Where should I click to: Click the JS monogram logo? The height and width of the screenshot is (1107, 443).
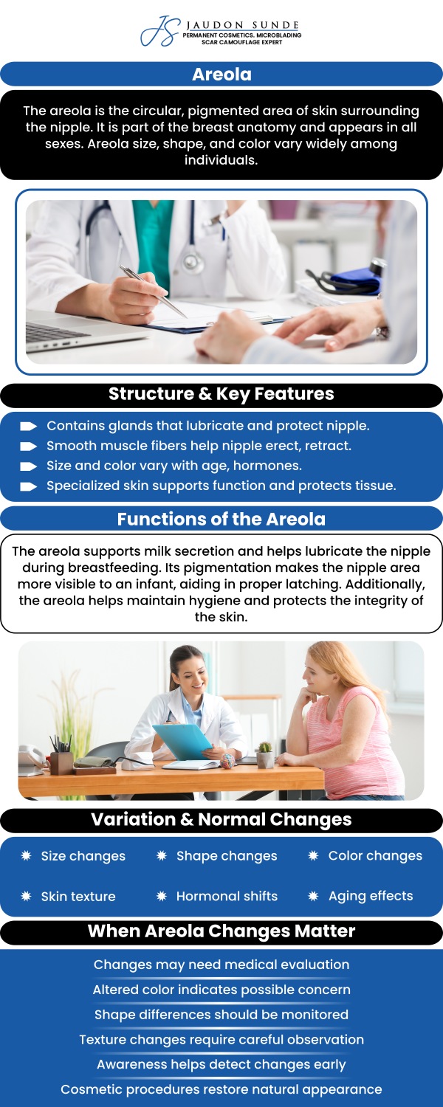coord(159,31)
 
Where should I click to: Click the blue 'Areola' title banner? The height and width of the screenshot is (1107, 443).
coord(221,74)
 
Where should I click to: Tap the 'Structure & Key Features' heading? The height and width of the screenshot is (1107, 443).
coord(221,394)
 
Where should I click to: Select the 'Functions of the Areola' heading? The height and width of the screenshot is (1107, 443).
coord(221,519)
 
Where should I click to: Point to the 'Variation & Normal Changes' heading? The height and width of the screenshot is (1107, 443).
coord(221,819)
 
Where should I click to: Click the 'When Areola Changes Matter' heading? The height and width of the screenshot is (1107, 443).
coord(221,931)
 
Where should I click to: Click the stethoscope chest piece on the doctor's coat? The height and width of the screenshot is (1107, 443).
coord(193,261)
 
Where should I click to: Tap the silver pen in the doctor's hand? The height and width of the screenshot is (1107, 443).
coord(153,292)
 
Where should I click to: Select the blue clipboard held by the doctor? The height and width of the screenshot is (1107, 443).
coord(183,741)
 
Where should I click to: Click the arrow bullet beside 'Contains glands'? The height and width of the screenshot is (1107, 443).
coord(29,426)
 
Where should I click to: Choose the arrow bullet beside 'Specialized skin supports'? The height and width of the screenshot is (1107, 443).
coord(29,486)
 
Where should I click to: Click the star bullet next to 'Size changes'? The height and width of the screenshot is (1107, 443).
coord(26,855)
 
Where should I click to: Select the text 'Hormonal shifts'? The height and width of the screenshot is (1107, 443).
coord(227,896)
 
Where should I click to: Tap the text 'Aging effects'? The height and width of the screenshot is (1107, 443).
coord(371,896)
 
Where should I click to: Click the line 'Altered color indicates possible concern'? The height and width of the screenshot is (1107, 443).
coord(221,990)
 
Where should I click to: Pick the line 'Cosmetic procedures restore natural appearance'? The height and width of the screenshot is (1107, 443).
coord(221,1089)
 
